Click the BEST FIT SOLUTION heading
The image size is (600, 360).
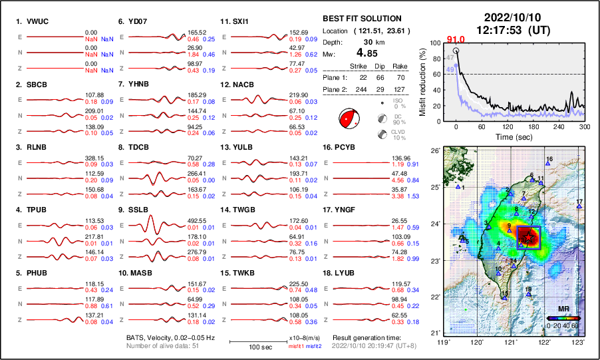coord(361,19)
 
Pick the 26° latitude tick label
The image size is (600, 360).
coord(434,151)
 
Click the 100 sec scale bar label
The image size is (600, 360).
coord(252,347)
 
